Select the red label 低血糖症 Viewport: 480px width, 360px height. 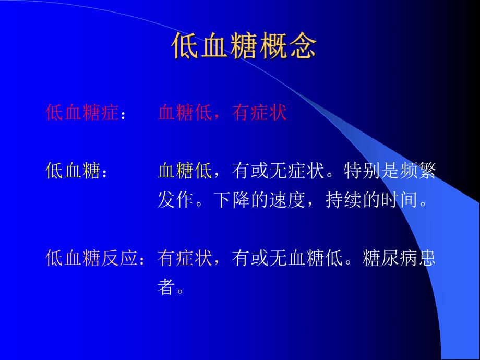(82, 113)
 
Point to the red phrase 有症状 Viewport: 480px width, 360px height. (260, 113)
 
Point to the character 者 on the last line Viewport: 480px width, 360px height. (166, 287)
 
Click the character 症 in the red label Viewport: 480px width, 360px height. (110, 113)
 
